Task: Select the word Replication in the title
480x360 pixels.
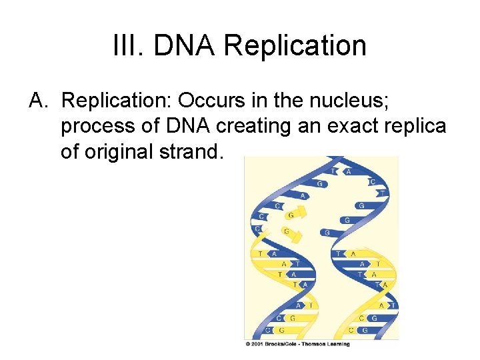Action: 295,46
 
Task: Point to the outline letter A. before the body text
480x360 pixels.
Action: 37,100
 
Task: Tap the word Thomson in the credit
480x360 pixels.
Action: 315,344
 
